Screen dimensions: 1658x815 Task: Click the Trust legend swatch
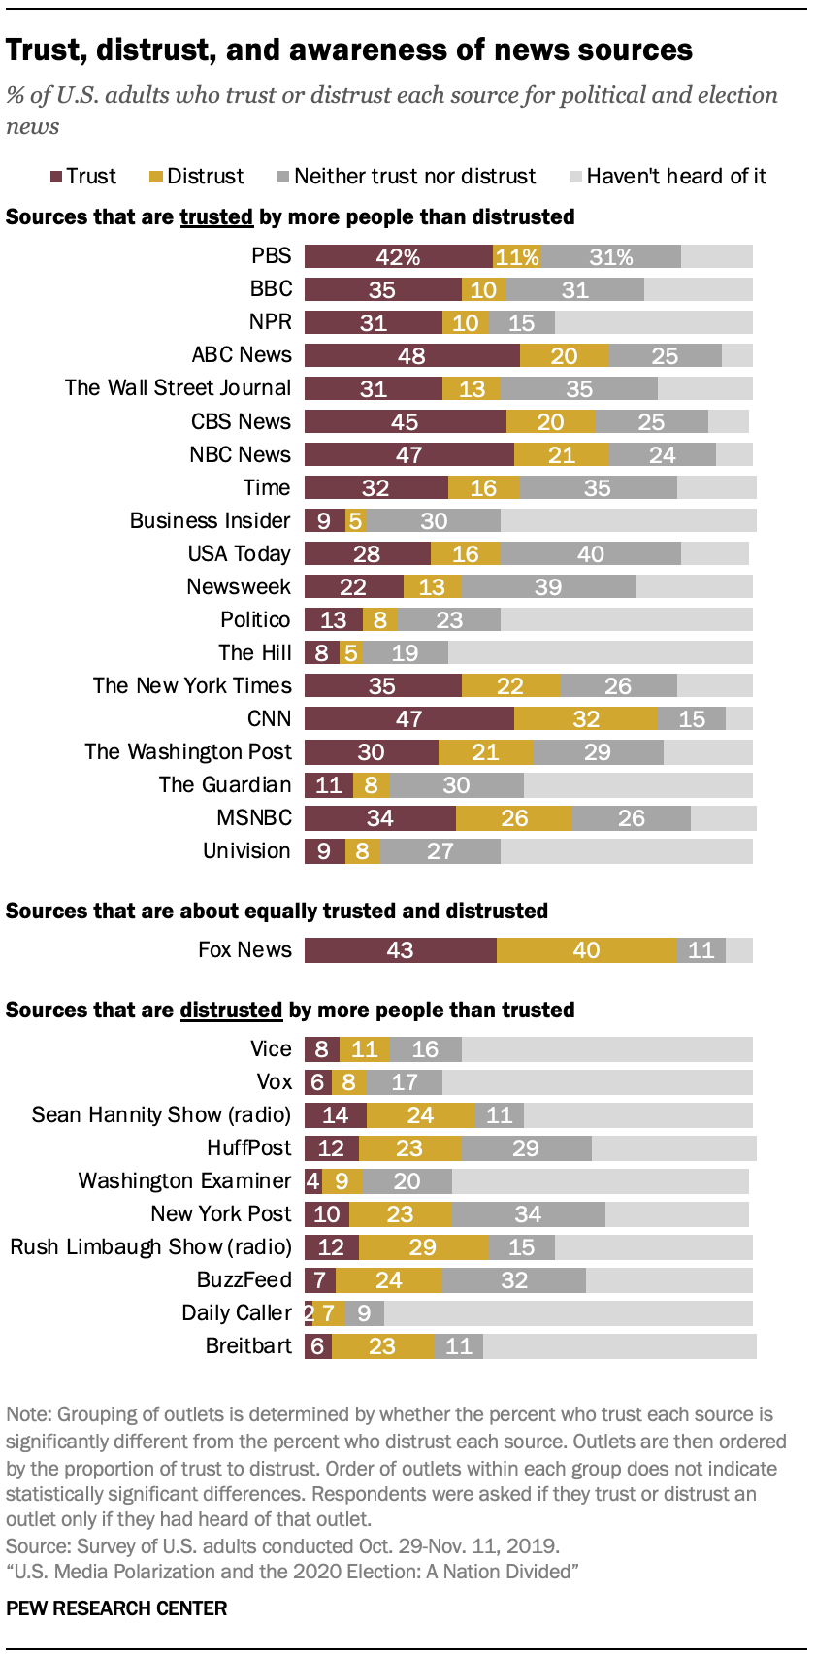57,177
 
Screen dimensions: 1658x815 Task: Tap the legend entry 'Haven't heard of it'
668,177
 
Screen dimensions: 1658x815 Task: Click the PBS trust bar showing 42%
399,256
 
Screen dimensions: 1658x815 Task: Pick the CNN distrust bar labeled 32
585,718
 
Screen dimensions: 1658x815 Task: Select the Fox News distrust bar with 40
586,950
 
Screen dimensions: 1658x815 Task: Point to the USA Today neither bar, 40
590,553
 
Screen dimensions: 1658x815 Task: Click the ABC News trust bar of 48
411,355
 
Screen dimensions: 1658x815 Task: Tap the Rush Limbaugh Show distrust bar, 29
422,1247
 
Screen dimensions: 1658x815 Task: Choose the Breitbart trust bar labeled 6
318,1346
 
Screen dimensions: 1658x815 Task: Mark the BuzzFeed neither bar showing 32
514,1280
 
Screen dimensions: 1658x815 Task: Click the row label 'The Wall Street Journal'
178,388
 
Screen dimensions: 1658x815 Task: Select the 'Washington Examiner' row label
184,1181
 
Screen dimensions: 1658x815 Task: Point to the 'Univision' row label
246,851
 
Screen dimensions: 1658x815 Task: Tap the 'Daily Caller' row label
236,1313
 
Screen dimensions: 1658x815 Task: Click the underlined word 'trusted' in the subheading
216,217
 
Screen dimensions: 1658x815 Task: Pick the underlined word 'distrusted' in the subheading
231,1011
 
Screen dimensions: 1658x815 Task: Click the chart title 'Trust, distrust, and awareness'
349,50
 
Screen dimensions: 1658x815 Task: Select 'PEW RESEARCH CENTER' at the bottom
116,1608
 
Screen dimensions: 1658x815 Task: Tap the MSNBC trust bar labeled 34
379,818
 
